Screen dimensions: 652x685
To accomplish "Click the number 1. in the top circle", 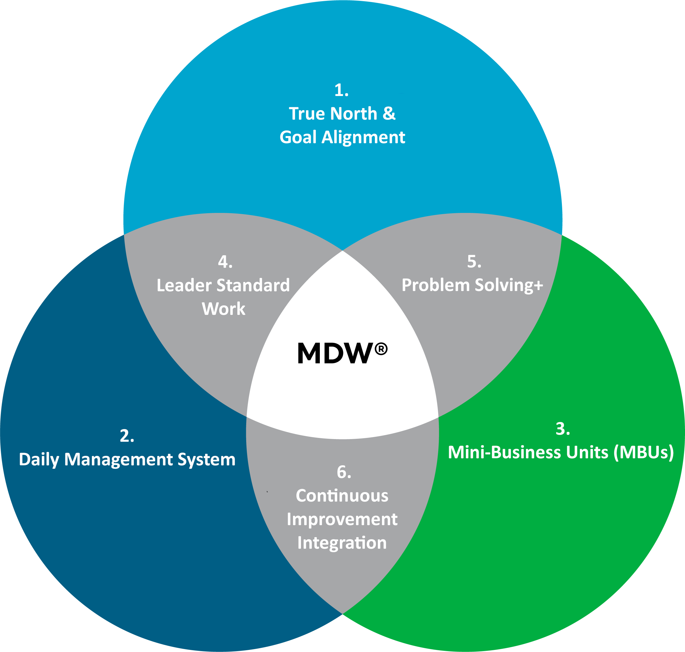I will click(x=341, y=90).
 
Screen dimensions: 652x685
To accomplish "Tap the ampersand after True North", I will click(x=389, y=114).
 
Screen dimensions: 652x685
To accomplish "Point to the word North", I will click(x=353, y=114).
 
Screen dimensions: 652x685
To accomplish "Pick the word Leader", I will click(x=184, y=285).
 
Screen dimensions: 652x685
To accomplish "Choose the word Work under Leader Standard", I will click(x=224, y=309).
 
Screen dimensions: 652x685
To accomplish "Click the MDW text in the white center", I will click(x=335, y=353).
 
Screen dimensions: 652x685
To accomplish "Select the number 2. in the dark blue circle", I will click(x=127, y=436).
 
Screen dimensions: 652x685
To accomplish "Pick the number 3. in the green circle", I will click(x=563, y=428).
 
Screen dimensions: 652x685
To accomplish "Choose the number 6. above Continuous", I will click(x=344, y=472).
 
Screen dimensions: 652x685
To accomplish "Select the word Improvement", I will click(x=342, y=519).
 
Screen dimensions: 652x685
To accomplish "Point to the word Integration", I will click(x=342, y=542).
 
